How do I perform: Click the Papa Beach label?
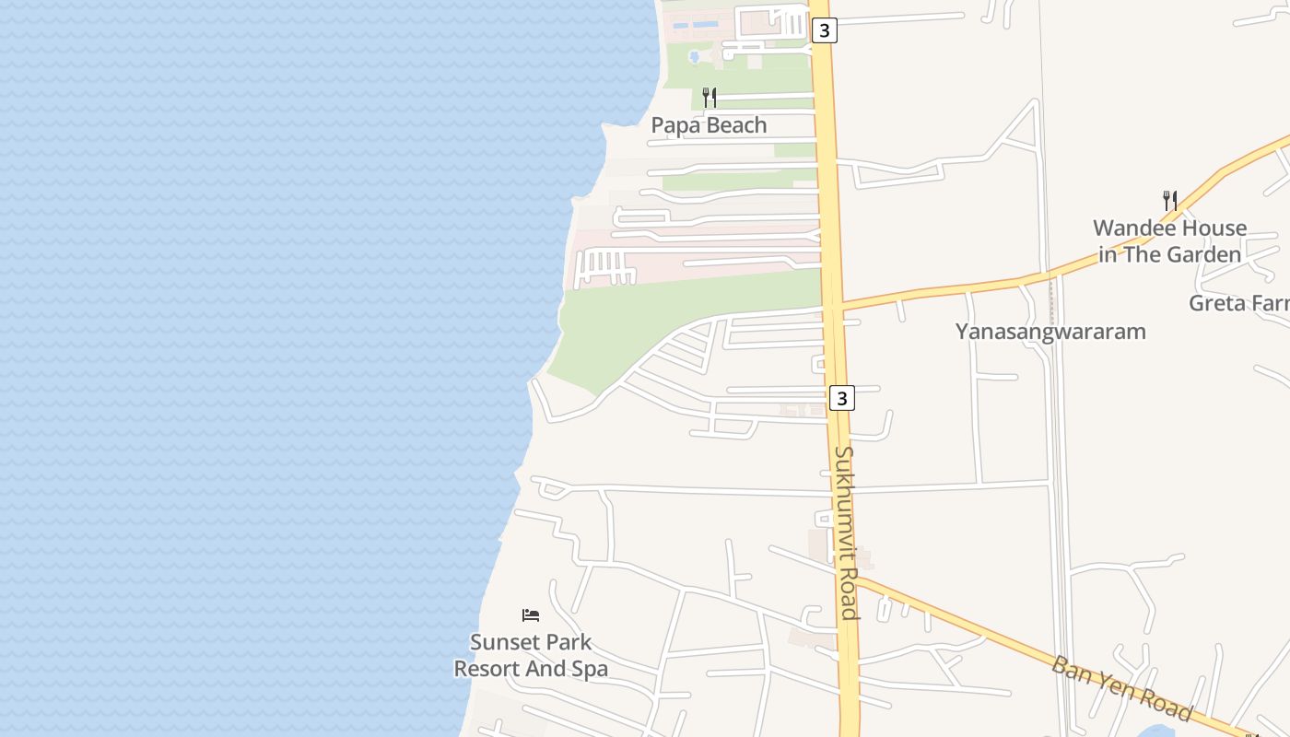(x=709, y=125)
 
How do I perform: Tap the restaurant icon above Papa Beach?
(x=709, y=97)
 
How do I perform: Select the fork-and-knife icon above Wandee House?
(x=1169, y=200)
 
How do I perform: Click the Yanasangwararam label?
(x=1050, y=332)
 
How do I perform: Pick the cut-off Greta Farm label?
(x=1238, y=303)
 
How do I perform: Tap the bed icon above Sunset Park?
(x=530, y=614)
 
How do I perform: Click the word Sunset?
(x=503, y=642)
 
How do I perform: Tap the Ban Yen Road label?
(x=1121, y=688)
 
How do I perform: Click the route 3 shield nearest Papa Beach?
(x=825, y=30)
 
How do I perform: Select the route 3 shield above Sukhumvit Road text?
(x=841, y=398)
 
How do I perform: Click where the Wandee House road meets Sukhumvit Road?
(x=833, y=306)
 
